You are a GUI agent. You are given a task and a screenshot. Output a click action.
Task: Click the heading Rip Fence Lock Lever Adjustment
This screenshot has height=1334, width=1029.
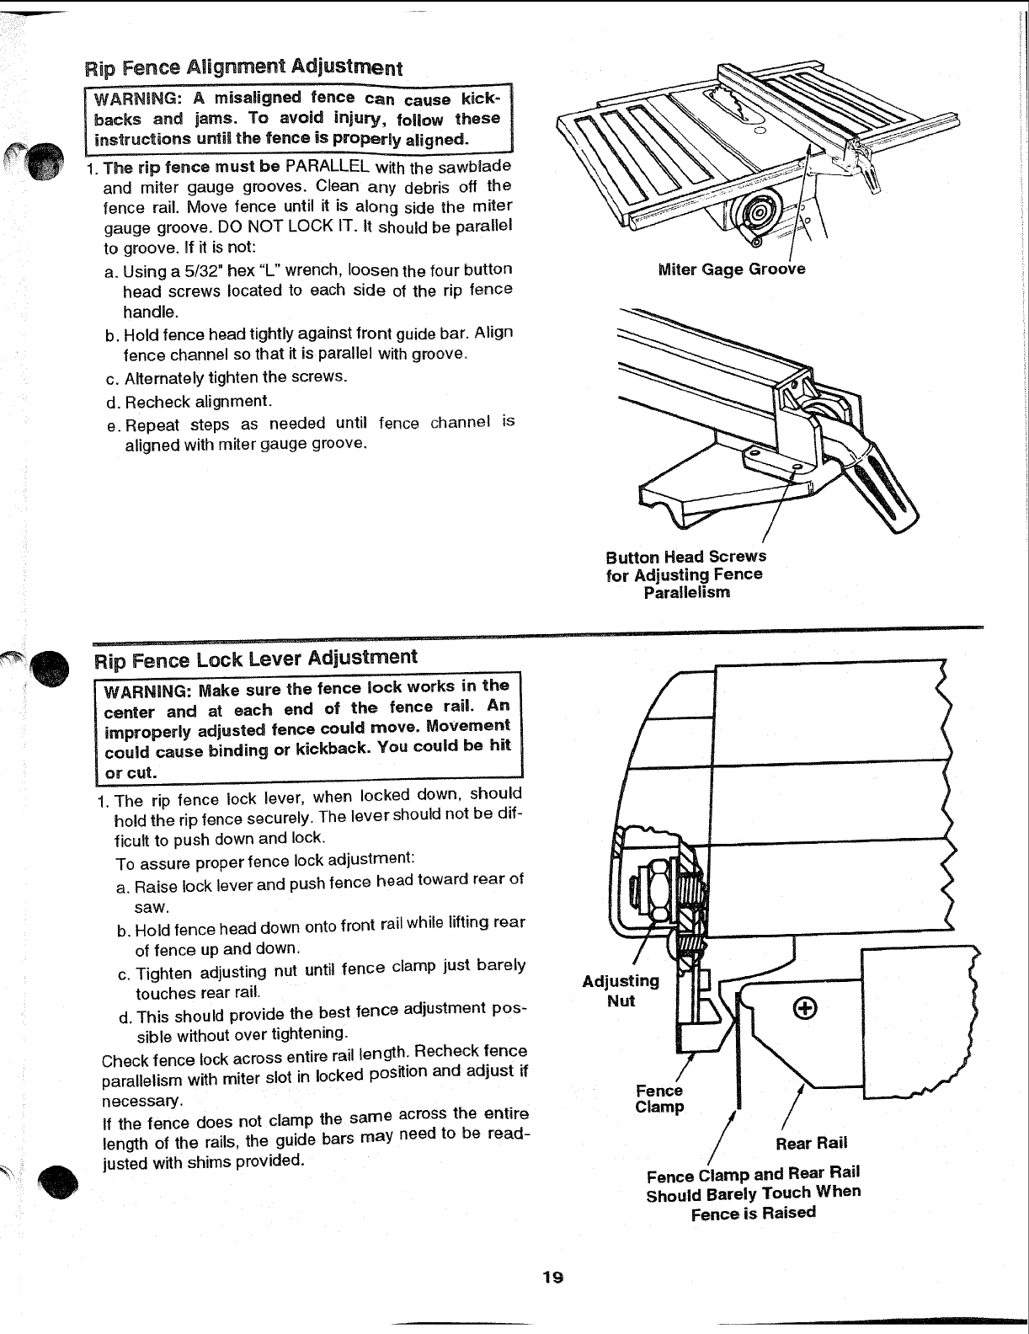255,657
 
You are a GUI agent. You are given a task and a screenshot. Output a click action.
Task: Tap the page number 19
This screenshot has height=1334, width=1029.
552,1278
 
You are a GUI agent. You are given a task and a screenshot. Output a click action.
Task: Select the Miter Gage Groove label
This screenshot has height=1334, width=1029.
731,269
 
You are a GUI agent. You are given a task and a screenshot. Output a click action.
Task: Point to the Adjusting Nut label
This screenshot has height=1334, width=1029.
621,990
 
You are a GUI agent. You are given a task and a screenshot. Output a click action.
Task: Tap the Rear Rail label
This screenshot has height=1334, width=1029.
811,1143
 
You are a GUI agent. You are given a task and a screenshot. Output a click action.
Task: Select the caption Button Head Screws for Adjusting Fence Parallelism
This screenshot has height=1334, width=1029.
685,574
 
